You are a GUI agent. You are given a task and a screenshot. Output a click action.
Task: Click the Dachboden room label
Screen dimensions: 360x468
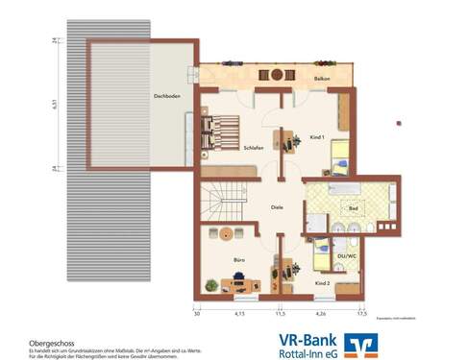167,97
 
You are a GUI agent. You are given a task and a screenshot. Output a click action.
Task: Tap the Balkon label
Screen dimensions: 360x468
322,78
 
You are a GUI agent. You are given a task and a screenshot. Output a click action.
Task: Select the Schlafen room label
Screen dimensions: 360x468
254,147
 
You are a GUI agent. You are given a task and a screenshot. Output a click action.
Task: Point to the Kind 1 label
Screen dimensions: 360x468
317,138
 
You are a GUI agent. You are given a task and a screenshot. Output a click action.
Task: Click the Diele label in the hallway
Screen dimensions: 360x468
277,205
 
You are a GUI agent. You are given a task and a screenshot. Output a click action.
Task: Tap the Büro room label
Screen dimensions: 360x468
238,259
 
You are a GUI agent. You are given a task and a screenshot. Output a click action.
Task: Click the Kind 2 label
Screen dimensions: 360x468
323,283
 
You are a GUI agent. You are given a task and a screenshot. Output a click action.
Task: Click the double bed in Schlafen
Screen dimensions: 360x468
226,133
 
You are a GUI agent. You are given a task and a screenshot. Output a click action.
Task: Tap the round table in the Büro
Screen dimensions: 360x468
225,233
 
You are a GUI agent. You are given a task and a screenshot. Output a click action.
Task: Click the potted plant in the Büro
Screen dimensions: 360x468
210,283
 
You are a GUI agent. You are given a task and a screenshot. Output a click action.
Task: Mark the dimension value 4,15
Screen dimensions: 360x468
240,313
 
